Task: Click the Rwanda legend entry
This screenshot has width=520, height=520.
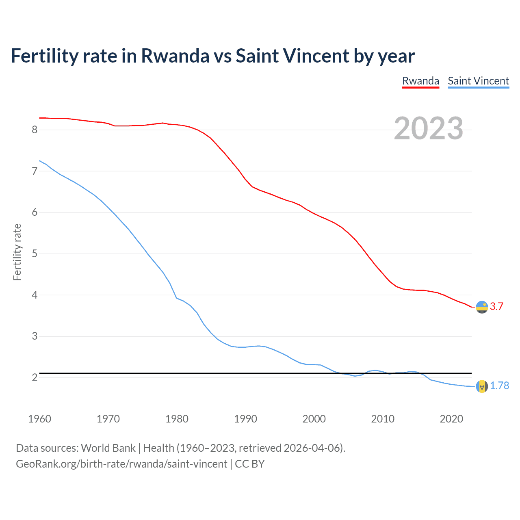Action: point(420,81)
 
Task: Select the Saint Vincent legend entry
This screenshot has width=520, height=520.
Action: point(478,81)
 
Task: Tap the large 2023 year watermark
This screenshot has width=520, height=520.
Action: point(428,128)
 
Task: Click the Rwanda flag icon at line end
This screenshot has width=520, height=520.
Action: point(482,307)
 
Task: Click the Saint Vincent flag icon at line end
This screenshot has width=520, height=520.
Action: point(482,386)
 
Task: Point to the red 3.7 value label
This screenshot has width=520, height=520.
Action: point(496,307)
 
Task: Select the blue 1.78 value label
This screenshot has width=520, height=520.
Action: point(499,386)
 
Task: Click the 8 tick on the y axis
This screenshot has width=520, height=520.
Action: point(35,130)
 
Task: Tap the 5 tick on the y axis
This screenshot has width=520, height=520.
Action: point(35,254)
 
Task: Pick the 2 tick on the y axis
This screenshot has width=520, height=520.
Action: point(35,378)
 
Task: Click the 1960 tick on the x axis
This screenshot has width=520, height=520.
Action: point(39,419)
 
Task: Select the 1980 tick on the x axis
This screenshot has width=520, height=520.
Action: point(177,419)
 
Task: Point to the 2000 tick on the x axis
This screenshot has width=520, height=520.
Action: point(314,419)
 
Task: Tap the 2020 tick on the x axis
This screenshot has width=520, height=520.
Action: point(451,419)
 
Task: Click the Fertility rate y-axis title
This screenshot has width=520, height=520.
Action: point(17,252)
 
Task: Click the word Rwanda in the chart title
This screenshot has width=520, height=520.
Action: point(175,56)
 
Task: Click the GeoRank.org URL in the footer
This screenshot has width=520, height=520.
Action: point(121,464)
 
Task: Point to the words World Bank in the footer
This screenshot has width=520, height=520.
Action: point(108,448)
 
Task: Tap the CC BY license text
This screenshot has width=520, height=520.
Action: point(250,464)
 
